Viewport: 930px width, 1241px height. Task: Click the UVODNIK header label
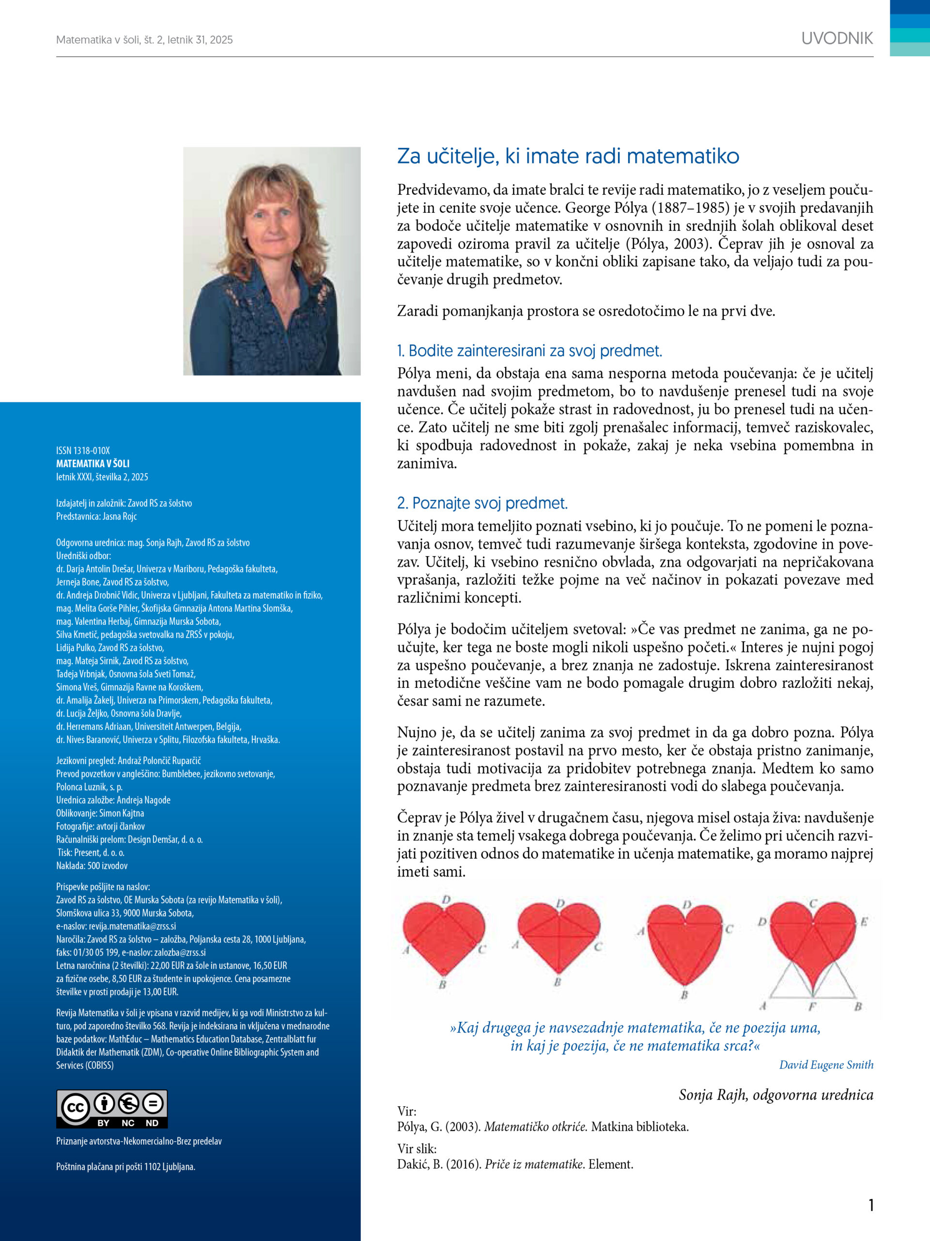click(x=837, y=39)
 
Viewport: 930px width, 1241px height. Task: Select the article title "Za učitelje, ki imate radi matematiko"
click(x=568, y=156)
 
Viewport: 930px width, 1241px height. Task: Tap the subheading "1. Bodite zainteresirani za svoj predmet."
click(x=529, y=351)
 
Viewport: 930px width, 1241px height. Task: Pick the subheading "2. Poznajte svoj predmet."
click(x=482, y=503)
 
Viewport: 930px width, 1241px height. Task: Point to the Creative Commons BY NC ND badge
click(x=111, y=1109)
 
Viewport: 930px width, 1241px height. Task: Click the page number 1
click(x=870, y=1205)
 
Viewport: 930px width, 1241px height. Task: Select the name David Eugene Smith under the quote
click(x=826, y=1065)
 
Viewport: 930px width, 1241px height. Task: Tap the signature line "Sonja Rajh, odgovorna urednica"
click(x=775, y=1095)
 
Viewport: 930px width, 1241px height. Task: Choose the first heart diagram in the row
click(x=443, y=942)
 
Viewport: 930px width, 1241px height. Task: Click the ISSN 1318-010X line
click(x=83, y=450)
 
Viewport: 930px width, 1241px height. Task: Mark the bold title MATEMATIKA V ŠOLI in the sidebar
click(x=93, y=463)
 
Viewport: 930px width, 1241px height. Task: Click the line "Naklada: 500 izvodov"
click(x=92, y=866)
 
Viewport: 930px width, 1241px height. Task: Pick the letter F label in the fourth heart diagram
click(x=812, y=1006)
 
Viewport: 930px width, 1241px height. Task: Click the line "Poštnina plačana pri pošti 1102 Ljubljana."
click(x=125, y=1166)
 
